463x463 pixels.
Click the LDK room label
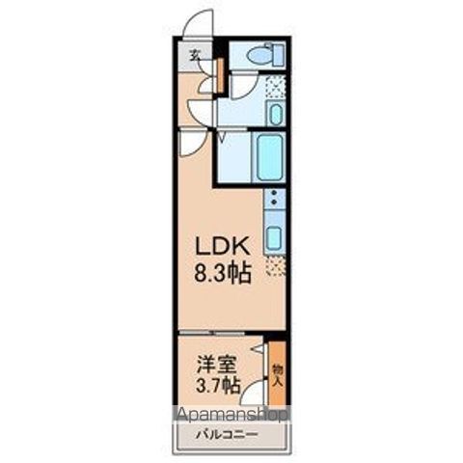coord(226,246)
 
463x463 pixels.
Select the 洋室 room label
coord(217,367)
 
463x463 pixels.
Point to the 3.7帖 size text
coord(217,387)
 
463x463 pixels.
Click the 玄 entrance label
coord(195,54)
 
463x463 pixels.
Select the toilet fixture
coord(261,57)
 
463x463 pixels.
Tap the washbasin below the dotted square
coord(275,115)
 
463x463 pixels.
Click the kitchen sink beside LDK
coord(273,237)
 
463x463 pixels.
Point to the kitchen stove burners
coord(274,202)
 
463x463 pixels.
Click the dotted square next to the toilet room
coord(276,89)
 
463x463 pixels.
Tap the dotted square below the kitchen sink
coord(275,263)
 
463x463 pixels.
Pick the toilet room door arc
coord(240,88)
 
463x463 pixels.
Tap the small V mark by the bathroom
coord(223,138)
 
